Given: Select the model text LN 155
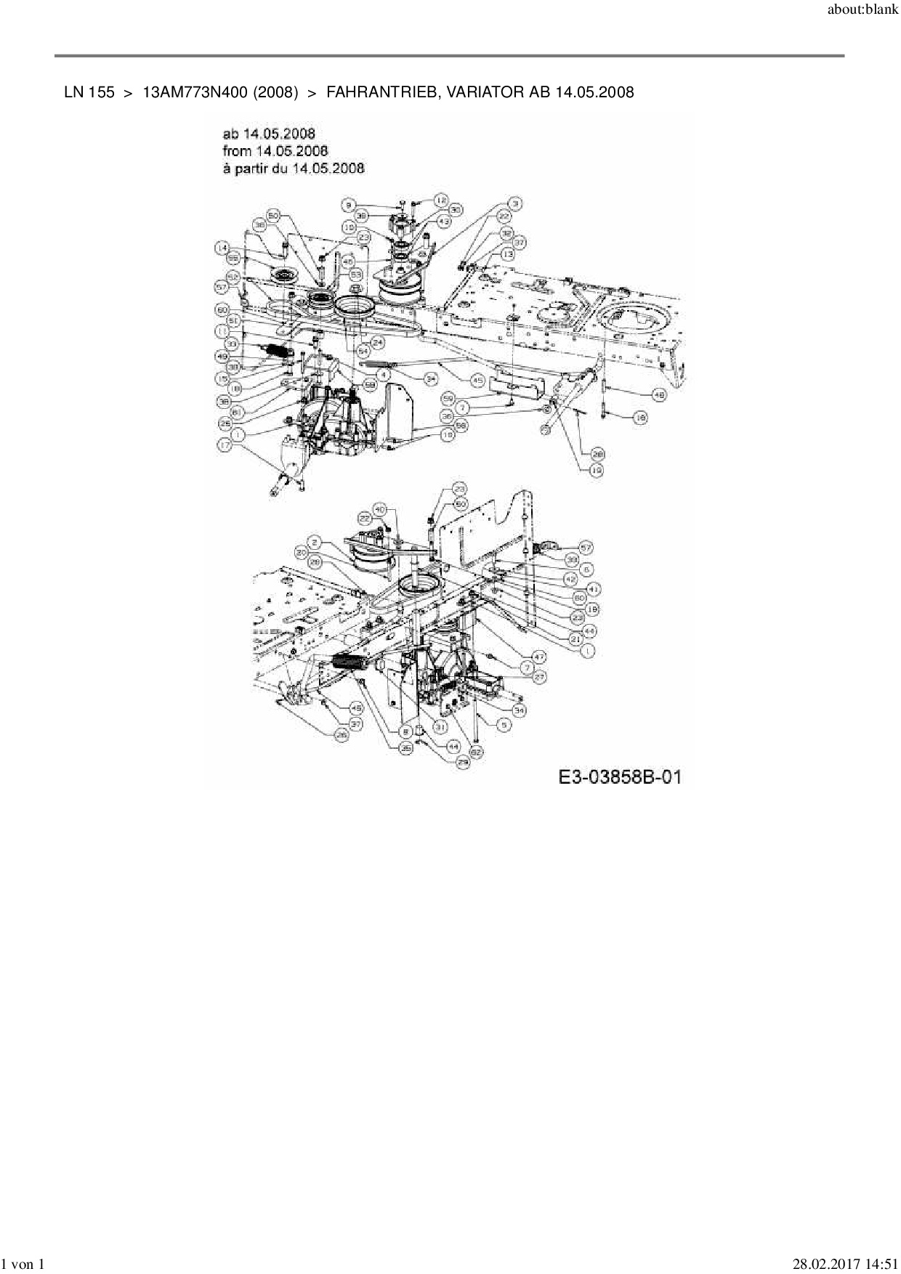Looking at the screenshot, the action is (89, 92).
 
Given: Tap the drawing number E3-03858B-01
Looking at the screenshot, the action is (620, 776).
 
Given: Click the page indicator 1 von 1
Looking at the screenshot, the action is (24, 1265).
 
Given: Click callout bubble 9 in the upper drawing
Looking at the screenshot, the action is (350, 205).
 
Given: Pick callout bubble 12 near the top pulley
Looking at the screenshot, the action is (441, 199).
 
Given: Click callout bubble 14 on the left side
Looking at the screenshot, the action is (222, 248).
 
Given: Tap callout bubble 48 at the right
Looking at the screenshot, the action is (658, 394).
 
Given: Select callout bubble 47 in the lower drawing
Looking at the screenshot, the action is (538, 656).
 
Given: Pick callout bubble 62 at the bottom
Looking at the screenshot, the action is (476, 752).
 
